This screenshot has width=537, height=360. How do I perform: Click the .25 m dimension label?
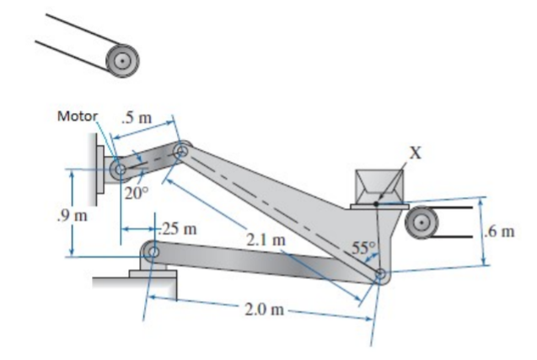pos(179,228)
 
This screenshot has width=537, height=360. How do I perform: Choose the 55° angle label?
pos(362,249)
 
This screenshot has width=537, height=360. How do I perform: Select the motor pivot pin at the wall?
pos(120,171)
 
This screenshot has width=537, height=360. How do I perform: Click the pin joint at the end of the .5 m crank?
pos(180,152)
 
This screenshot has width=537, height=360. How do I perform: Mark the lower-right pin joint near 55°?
pos(380,275)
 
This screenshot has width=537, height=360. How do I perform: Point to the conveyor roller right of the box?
pos(421,223)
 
